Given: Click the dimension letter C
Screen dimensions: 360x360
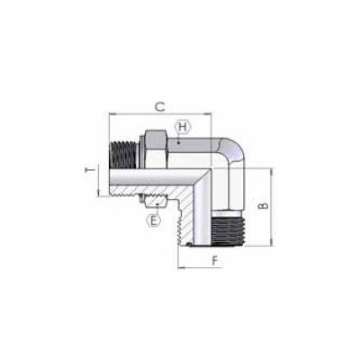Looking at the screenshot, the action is [160, 107].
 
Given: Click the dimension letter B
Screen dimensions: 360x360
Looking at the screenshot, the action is [264, 206].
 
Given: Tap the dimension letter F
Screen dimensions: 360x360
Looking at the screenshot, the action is [215, 260].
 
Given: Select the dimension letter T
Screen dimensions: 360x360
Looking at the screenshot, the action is [89, 170].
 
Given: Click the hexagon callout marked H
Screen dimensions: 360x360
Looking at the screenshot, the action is [183, 127].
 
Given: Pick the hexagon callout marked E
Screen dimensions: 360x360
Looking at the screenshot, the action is [153, 221].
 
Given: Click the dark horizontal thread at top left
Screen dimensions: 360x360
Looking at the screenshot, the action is [123, 155].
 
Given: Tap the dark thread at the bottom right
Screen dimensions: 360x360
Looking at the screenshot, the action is [229, 229].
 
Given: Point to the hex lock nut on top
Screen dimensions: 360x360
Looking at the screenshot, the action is [156, 148].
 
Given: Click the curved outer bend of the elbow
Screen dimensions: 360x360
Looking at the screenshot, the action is [237, 150].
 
